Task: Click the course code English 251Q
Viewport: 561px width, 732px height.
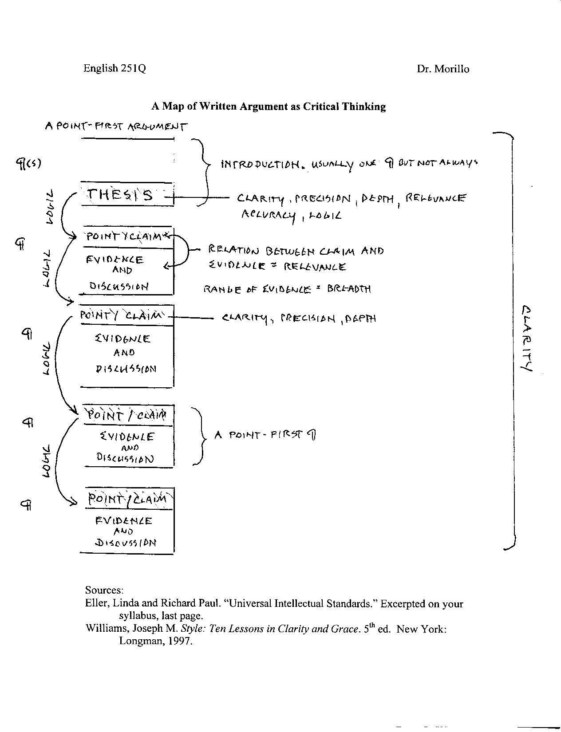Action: tap(115, 68)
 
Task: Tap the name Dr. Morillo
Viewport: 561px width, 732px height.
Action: tap(442, 69)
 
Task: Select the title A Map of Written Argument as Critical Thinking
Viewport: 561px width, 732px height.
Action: tap(269, 106)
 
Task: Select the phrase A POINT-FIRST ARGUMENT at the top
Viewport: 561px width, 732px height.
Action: tap(116, 126)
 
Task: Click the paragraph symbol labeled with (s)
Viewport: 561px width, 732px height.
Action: tap(28, 164)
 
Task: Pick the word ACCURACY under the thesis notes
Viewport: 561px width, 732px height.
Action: tap(268, 216)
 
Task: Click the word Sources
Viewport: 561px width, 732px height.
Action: tap(104, 590)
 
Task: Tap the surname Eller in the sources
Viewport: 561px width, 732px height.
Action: tap(97, 603)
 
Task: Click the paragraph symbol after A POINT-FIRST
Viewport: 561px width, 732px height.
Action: tap(312, 435)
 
